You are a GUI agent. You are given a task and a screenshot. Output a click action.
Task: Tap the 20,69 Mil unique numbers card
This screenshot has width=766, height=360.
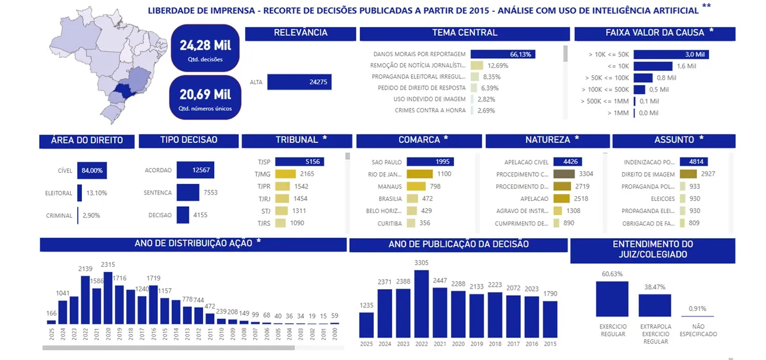(205, 97)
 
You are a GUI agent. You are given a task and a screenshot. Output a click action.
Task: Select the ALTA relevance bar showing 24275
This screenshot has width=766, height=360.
(299, 83)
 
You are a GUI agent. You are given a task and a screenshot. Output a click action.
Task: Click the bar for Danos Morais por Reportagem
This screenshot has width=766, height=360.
(502, 54)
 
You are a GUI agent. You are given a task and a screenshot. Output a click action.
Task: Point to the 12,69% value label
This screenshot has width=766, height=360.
(497, 66)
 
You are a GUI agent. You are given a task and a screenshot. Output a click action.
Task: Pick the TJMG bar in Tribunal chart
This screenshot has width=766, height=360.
(286, 174)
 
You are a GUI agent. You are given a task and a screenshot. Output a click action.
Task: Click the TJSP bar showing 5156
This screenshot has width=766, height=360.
(299, 162)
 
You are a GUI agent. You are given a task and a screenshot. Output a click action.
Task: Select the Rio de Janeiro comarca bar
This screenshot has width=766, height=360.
(420, 174)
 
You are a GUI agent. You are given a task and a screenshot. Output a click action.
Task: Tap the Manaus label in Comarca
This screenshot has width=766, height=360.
(390, 186)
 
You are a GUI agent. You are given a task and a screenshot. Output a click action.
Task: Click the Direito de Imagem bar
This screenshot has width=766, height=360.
(688, 174)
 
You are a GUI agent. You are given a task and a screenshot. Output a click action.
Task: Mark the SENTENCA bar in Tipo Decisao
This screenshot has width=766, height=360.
(188, 193)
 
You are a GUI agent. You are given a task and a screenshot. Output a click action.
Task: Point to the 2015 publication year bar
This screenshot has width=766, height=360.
(550, 319)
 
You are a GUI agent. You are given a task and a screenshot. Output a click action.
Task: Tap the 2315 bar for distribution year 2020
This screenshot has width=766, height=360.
(108, 297)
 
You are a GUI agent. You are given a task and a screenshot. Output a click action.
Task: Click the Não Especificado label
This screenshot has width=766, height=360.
(698, 330)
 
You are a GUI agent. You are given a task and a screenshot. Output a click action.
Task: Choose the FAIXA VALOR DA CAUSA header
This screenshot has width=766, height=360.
(654, 33)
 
